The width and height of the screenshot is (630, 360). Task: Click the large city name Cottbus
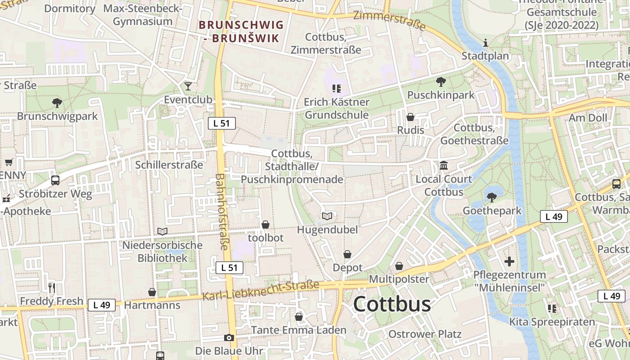(391, 304)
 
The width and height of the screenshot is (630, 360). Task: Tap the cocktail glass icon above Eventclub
(188, 86)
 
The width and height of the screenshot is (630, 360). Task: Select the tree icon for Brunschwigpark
(57, 103)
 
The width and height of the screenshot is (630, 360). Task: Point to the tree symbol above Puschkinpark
(441, 82)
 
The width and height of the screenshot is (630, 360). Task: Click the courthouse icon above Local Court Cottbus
(444, 166)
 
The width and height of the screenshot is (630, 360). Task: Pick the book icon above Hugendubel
(327, 216)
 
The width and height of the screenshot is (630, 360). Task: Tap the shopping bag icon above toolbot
(266, 224)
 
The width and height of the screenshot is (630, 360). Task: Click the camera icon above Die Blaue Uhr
(229, 337)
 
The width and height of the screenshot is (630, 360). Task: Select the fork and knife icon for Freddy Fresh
(52, 287)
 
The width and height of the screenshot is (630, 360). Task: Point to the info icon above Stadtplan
(485, 43)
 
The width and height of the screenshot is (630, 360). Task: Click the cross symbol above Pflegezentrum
(509, 261)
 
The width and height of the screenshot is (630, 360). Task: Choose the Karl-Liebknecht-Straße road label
(261, 291)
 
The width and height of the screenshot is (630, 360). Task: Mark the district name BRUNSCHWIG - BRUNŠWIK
(241, 31)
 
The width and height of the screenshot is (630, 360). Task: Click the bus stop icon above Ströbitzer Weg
(55, 180)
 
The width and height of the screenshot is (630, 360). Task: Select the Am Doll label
(588, 118)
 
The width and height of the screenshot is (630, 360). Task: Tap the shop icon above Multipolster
(399, 266)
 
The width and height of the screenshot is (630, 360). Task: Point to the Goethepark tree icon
(492, 197)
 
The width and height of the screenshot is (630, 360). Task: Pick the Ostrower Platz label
(425, 334)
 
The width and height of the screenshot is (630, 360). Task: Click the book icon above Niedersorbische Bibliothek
(162, 232)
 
